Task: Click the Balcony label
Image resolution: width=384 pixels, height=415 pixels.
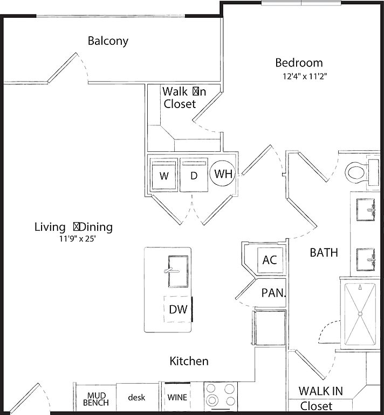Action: point(108,41)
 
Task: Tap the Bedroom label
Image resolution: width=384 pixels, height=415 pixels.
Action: point(299,63)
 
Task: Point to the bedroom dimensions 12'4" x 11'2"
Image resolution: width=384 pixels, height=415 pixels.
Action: point(305,76)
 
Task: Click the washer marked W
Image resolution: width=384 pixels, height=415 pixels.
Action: point(164,176)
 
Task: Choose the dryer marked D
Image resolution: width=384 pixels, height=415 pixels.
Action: point(194,176)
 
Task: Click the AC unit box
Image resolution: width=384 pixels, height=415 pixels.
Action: point(269,260)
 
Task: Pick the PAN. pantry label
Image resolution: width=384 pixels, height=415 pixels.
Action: point(273,293)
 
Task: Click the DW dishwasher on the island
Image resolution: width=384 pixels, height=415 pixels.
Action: point(177,309)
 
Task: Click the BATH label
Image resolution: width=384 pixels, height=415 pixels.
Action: point(324,252)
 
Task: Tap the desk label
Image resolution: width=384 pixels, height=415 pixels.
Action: point(136,397)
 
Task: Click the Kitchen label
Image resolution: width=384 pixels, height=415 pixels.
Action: point(189,361)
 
